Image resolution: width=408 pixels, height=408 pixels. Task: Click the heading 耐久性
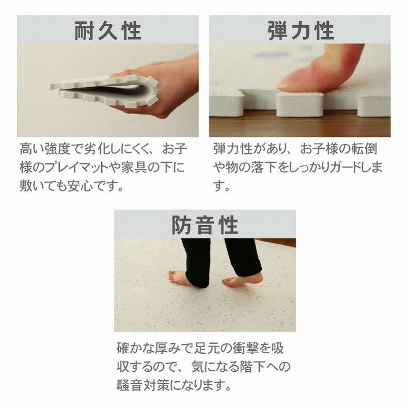click(108, 30)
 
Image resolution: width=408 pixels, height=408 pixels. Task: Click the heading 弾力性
click(301, 30)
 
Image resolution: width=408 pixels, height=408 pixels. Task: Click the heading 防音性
click(205, 225)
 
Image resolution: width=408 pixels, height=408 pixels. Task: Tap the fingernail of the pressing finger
click(286, 85)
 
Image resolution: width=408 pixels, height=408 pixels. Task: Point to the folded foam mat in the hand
click(104, 91)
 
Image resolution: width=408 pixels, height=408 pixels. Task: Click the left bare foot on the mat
click(180, 278)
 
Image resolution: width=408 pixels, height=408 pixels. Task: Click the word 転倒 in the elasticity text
click(364, 149)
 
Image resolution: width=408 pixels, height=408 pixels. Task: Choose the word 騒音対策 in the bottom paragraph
click(142, 385)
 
